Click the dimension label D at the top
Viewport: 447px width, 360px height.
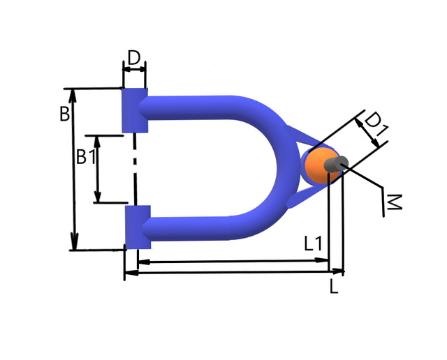(x=134, y=58)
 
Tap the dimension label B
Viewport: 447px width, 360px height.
(x=65, y=114)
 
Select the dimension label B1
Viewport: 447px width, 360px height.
(x=87, y=157)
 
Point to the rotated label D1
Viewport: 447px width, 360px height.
(x=376, y=123)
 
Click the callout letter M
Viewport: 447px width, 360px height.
(x=393, y=202)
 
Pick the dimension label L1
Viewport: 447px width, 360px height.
(x=313, y=243)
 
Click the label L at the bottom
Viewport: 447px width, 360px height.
(x=334, y=286)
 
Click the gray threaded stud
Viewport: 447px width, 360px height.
(x=336, y=165)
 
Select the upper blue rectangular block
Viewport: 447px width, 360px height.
(x=135, y=110)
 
